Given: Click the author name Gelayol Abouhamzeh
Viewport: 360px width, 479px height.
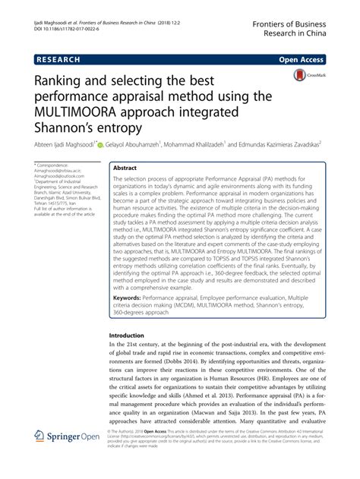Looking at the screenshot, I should tap(140, 144).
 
